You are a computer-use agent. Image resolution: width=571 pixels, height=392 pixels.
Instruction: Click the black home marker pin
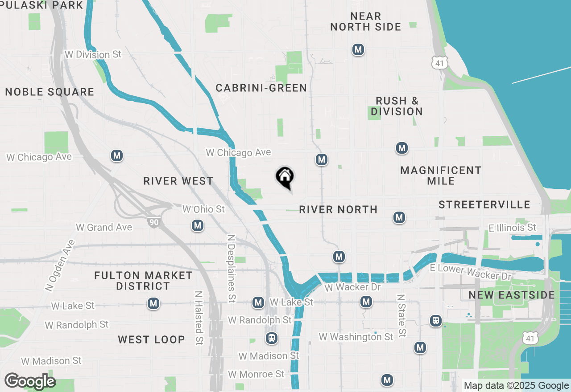[x=285, y=177]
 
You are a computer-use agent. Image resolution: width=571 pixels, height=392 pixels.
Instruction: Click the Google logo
[x=30, y=381]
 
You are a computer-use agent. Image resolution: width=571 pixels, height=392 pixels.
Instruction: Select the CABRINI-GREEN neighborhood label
[x=261, y=88]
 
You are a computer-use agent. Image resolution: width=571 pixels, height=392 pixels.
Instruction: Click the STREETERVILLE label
[x=484, y=204]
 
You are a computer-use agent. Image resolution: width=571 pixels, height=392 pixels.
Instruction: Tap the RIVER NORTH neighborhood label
[x=338, y=209]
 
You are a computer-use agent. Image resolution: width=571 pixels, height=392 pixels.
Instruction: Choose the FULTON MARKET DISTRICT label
[x=143, y=281]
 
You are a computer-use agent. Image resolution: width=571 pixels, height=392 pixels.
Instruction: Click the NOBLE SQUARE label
[x=50, y=92]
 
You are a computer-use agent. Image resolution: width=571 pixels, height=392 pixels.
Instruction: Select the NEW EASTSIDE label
[x=512, y=295]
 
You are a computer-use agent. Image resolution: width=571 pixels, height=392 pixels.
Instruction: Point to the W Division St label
[x=93, y=54]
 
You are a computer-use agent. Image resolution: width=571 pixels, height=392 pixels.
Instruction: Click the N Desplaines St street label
[x=231, y=269]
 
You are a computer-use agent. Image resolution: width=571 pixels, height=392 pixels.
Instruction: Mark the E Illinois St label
[x=512, y=228]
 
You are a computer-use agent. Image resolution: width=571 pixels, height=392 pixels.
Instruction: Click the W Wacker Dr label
[x=352, y=287]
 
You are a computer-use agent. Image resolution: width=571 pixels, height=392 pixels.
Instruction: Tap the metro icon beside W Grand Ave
[x=198, y=226]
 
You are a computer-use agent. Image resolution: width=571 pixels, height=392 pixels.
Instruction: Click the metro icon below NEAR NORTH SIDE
[x=358, y=49]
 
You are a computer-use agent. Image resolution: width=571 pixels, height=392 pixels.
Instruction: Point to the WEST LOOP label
[x=151, y=339]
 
